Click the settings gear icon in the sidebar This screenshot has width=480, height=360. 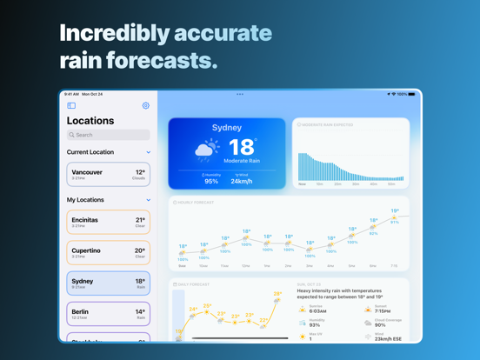point(145,106)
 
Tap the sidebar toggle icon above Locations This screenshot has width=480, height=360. point(71,106)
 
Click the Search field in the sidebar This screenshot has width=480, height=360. point(109,135)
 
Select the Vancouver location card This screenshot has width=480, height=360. point(108,175)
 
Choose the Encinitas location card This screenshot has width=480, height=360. point(108,223)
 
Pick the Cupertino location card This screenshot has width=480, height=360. point(108,253)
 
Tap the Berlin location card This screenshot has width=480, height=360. point(108,314)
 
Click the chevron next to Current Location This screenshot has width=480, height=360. point(149,152)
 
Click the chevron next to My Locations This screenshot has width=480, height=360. point(149,200)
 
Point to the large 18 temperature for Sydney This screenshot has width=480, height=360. point(242,147)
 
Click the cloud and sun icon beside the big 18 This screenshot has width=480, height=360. point(208,150)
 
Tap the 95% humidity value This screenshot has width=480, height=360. point(211,182)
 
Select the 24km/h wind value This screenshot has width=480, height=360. point(242,182)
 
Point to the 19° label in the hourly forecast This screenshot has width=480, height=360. point(395,210)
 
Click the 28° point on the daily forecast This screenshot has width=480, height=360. point(277,294)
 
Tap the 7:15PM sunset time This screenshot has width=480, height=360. point(382,310)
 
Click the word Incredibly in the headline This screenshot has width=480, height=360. point(114,33)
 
